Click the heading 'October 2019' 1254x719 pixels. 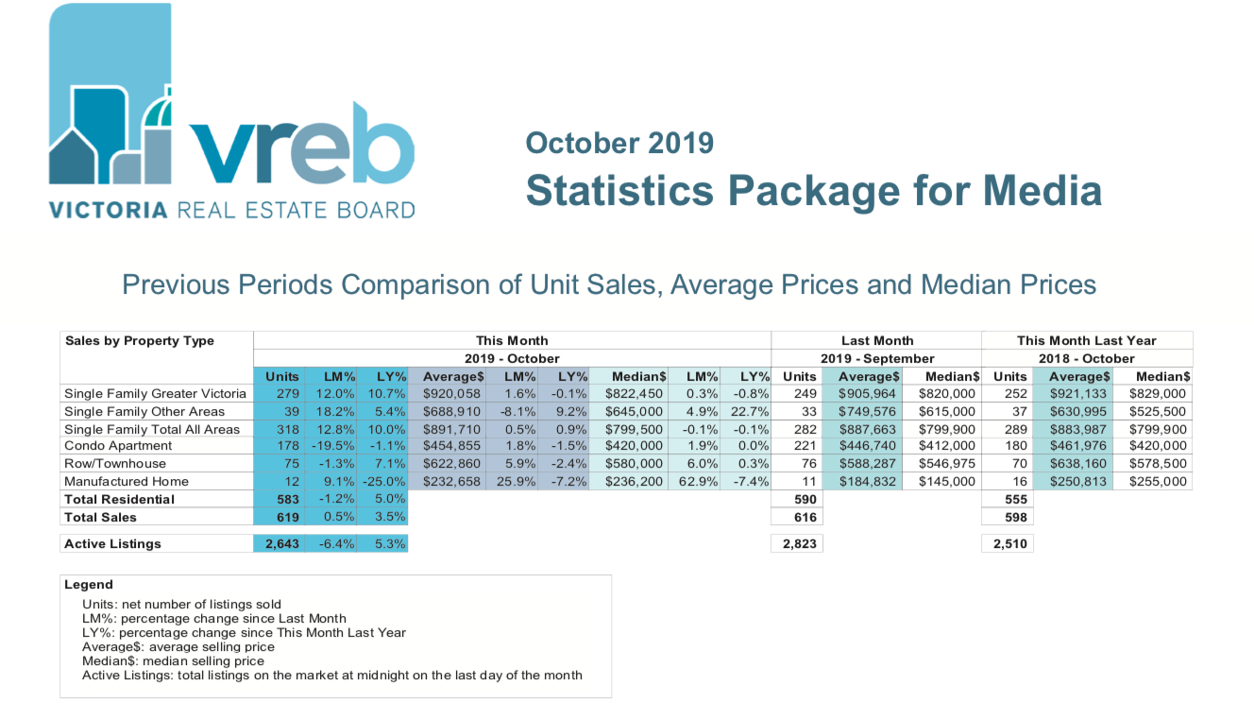619,143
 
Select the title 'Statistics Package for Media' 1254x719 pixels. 813,190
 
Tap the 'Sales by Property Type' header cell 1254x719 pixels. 139,340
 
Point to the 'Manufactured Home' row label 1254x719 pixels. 126,481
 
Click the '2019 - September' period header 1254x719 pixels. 876,358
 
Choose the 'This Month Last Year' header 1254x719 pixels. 1086,340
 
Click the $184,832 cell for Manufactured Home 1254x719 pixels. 865,481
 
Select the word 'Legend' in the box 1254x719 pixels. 89,585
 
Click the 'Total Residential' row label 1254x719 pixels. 119,499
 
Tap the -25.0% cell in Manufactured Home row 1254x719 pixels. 385,481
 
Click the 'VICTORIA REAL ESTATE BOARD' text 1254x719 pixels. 232,209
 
